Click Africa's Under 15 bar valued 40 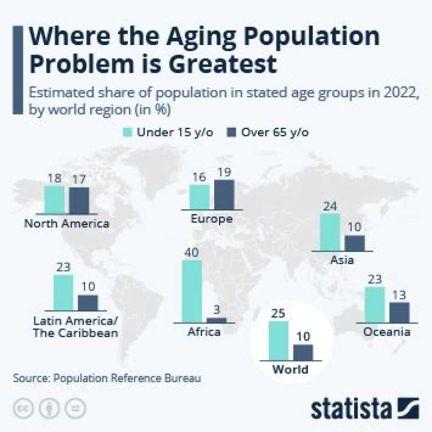point(191,292)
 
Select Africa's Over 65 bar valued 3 point(217,320)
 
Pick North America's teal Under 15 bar point(54,199)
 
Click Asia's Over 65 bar point(355,243)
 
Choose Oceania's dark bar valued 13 point(399,312)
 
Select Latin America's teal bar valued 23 point(63,293)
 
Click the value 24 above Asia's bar point(331,206)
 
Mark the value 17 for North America point(79,179)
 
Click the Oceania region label point(386,332)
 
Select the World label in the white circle point(290,368)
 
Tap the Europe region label point(211,219)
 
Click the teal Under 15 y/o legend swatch point(127,131)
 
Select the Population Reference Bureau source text point(127,379)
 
